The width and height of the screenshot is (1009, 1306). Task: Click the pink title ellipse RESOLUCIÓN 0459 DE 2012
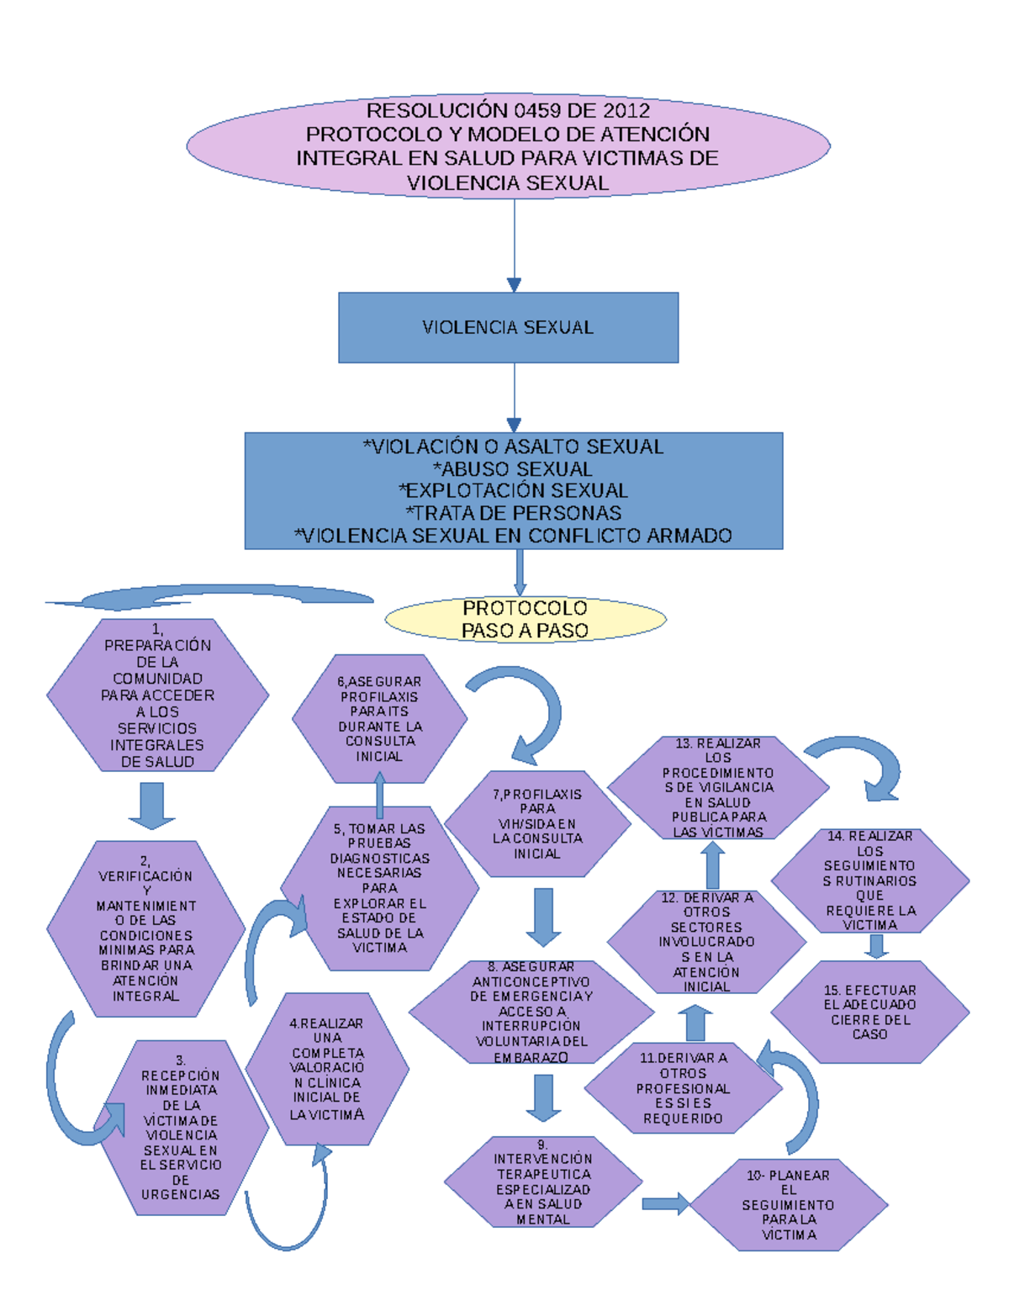(x=508, y=146)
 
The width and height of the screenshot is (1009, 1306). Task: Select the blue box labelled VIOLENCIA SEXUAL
(x=508, y=327)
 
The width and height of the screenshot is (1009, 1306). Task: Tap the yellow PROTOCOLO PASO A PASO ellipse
(x=525, y=620)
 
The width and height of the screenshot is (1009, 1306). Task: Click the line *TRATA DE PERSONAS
(x=513, y=513)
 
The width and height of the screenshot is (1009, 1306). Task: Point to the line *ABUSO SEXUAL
(x=513, y=468)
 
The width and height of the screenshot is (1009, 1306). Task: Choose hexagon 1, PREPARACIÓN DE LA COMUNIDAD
(x=157, y=695)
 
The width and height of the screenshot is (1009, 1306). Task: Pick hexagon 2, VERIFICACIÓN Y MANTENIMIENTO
(x=145, y=929)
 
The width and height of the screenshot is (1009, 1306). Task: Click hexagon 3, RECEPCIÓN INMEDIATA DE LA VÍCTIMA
(x=181, y=1128)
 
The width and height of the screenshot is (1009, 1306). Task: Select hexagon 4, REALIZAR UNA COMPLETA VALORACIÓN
(x=327, y=1070)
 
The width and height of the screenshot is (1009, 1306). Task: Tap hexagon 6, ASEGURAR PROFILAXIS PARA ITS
(x=379, y=719)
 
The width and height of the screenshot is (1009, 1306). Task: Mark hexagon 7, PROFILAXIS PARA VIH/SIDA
(x=537, y=824)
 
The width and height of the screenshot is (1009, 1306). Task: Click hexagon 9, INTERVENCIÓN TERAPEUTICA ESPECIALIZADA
(x=542, y=1182)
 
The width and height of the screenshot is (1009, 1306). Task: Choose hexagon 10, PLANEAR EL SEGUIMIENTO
(x=789, y=1205)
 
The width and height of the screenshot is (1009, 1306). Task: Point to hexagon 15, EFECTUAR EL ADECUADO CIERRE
(x=870, y=1013)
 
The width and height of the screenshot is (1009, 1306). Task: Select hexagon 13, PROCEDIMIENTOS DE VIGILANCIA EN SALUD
(x=718, y=788)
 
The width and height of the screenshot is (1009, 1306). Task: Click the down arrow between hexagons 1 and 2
(x=151, y=805)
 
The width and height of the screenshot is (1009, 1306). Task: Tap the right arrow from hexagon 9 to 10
(x=665, y=1204)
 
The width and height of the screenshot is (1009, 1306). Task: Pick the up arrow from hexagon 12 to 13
(x=713, y=865)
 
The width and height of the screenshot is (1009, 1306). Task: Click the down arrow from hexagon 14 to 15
(x=876, y=947)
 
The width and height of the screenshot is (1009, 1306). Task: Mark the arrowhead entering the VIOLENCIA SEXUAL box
(x=514, y=285)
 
